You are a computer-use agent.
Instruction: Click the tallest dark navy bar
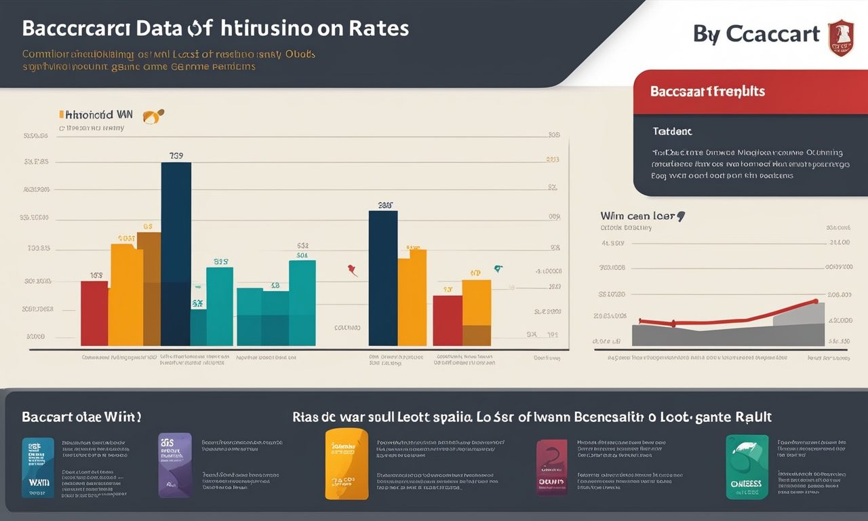point(176,254)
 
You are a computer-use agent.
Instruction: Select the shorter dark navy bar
point(382,278)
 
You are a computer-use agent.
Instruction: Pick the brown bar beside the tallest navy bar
point(149,288)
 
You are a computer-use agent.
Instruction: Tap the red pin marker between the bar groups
point(352,271)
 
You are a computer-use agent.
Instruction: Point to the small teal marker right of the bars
point(499,269)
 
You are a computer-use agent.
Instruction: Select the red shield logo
point(841,37)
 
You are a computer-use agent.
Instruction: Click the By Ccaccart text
point(756,34)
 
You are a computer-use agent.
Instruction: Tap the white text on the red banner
point(707,91)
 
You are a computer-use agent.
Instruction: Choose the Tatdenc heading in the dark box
point(672,132)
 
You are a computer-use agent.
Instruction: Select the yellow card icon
point(347,464)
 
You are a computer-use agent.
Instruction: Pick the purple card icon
point(175,465)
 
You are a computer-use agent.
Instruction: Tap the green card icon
point(747,467)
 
